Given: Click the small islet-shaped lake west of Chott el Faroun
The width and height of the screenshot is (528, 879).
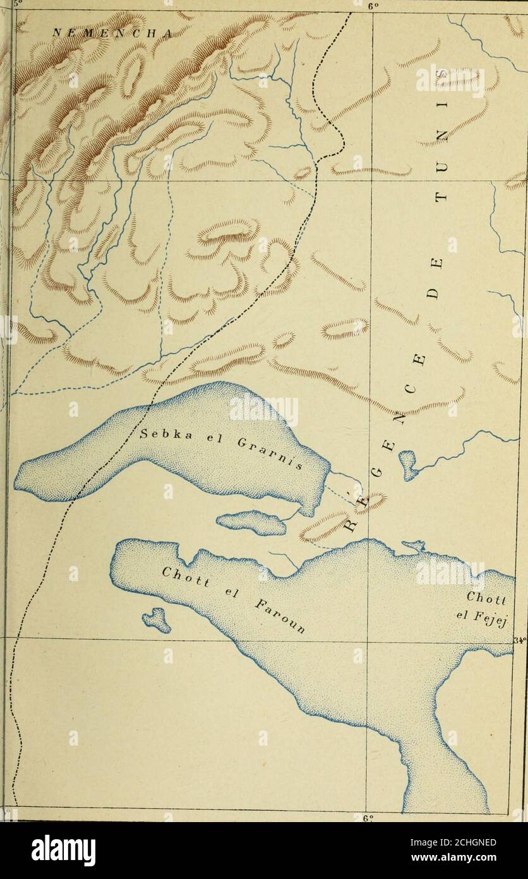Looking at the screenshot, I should (157, 620).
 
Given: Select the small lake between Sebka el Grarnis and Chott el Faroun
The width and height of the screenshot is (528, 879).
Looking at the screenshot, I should (251, 522).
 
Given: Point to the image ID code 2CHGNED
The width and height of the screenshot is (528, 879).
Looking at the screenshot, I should (466, 842).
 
